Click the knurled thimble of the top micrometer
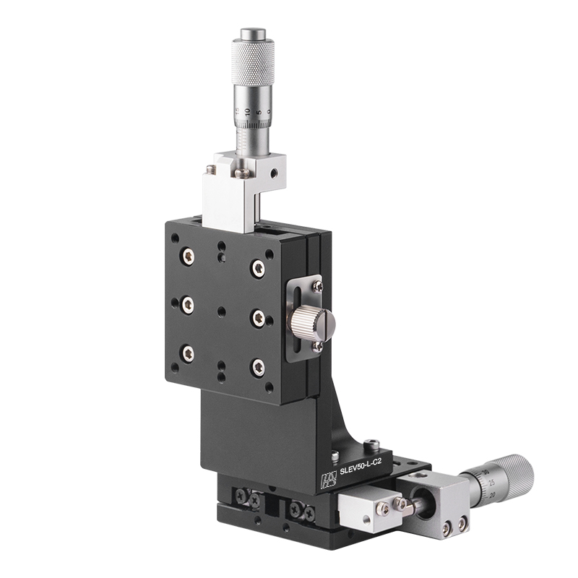[x=253, y=61]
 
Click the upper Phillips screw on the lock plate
[x=316, y=287]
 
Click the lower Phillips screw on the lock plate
[x=316, y=346]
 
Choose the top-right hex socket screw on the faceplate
[x=257, y=269]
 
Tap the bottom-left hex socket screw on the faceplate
[x=188, y=353]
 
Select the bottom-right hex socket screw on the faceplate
[x=256, y=367]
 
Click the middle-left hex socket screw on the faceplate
[x=188, y=304]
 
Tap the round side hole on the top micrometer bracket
[x=273, y=173]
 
